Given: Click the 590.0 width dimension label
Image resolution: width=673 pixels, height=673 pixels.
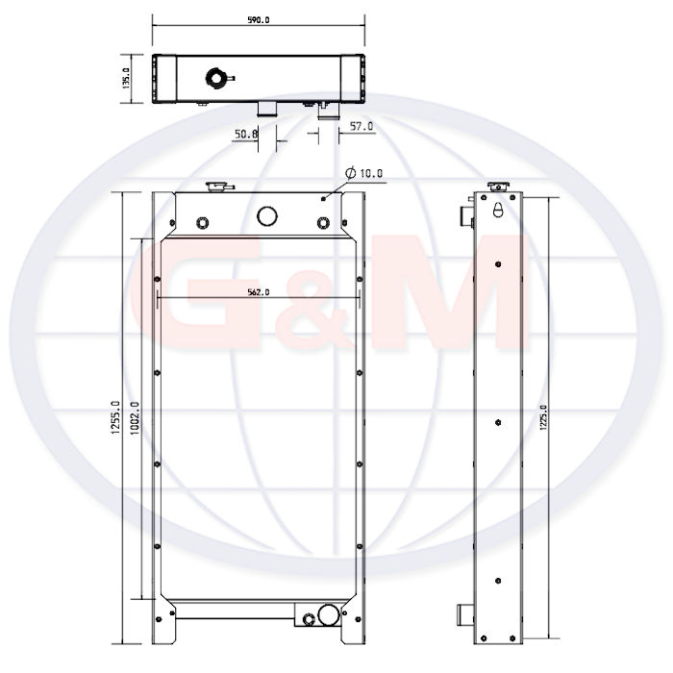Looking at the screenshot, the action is [259, 20].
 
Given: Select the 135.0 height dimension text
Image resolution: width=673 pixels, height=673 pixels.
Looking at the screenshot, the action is [126, 79].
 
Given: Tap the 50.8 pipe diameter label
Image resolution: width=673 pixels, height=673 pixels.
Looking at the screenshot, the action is [246, 135].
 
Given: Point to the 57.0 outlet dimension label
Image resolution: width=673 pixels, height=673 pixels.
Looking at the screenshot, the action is [361, 126].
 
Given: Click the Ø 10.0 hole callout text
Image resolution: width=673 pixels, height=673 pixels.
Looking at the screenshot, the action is [364, 173].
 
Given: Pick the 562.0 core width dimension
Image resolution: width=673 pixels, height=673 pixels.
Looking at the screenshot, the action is [259, 292].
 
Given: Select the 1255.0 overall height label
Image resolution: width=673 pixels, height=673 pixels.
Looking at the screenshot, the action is [115, 417].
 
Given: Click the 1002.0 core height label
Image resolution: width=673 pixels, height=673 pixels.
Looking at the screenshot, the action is [135, 418].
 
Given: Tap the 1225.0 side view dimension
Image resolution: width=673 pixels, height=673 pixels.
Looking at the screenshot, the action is [543, 417].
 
